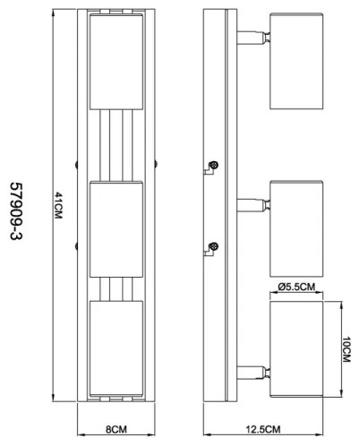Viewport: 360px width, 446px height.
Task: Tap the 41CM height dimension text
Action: (x=59, y=209)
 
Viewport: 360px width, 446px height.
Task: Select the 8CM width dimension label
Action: (x=116, y=429)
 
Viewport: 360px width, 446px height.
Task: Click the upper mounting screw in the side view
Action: (x=214, y=167)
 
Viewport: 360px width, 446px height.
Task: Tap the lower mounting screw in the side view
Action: (x=214, y=246)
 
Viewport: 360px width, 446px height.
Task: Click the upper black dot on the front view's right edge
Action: (x=155, y=164)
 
